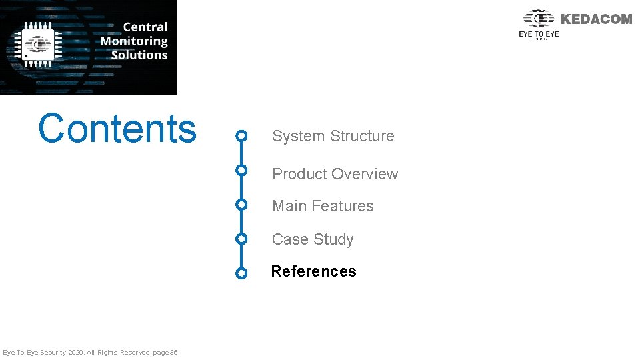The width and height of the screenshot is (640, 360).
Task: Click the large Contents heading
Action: (x=117, y=129)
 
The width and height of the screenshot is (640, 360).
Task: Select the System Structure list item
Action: (x=333, y=136)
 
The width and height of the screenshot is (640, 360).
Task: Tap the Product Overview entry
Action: (x=335, y=174)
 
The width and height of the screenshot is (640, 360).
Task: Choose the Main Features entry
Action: (x=323, y=206)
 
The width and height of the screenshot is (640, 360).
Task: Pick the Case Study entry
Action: (x=312, y=239)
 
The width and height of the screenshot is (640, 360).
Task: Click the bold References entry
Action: (x=313, y=271)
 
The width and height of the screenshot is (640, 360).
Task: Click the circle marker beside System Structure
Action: (x=242, y=136)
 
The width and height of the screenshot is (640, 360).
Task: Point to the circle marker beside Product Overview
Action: (x=242, y=170)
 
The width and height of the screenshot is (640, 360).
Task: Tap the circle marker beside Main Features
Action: (x=242, y=204)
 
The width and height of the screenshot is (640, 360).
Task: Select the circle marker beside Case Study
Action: (x=242, y=238)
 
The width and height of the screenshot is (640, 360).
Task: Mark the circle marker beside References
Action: (x=242, y=273)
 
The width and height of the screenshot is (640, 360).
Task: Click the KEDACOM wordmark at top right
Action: (x=596, y=19)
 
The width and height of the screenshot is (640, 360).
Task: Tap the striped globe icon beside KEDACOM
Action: (x=539, y=19)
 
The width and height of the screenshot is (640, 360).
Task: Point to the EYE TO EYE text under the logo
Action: (x=539, y=34)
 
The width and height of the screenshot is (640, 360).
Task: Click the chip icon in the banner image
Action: (x=39, y=45)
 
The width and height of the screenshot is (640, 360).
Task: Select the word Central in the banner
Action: (x=145, y=27)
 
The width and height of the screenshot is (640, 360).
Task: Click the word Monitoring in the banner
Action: (x=134, y=41)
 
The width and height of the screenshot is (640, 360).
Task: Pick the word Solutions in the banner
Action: (x=139, y=55)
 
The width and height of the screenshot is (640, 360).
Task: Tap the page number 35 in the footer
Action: (x=173, y=352)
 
